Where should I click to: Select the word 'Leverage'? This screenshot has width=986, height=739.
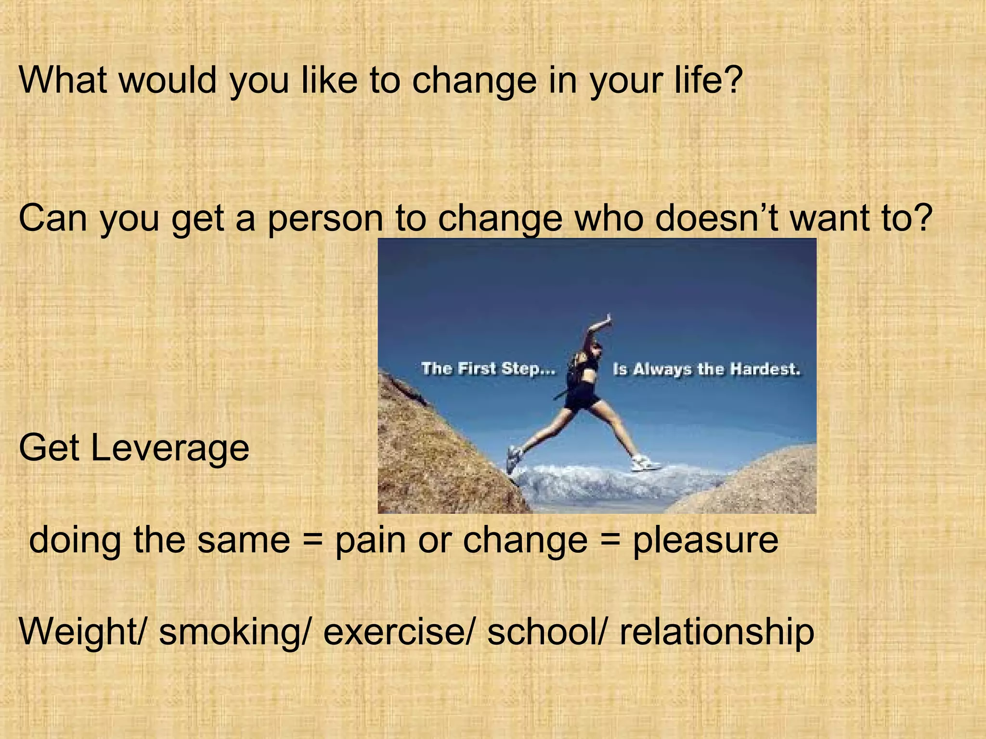point(170,448)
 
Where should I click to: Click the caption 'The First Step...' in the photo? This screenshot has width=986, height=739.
point(488,369)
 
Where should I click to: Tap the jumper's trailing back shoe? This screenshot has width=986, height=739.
point(513,457)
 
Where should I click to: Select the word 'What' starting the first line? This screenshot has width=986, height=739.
point(63,79)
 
